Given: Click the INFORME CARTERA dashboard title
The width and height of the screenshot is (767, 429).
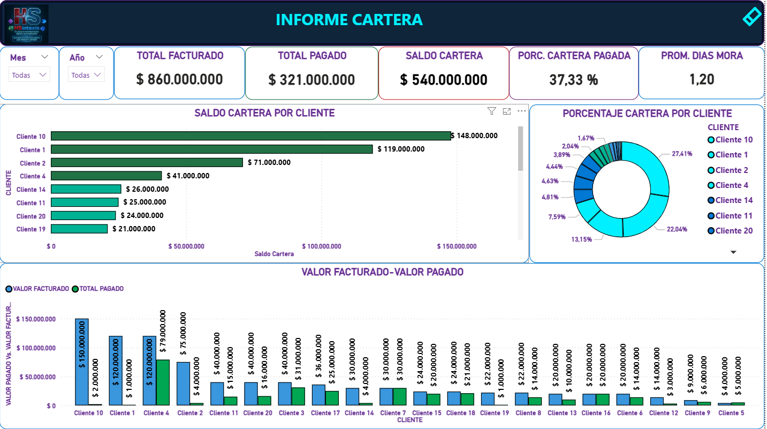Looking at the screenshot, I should pyautogui.click(x=349, y=20).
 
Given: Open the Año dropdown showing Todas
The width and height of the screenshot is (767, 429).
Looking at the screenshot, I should pyautogui.click(x=87, y=76).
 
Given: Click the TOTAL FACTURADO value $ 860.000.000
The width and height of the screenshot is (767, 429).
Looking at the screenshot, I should pyautogui.click(x=179, y=80).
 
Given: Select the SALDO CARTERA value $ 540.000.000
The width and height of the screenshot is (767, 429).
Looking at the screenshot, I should pyautogui.click(x=444, y=80).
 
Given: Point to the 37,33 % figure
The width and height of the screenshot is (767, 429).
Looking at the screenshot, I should pyautogui.click(x=573, y=80).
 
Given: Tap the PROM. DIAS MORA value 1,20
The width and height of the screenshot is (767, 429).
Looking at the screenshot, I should pyautogui.click(x=702, y=80).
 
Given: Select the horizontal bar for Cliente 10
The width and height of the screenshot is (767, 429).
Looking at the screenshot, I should pyautogui.click(x=250, y=136).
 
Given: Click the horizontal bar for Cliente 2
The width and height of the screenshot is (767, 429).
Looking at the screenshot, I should pyautogui.click(x=147, y=162).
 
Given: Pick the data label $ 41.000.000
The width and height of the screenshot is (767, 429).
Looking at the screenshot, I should pyautogui.click(x=188, y=176).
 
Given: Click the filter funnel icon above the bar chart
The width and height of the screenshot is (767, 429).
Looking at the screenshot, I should pyautogui.click(x=491, y=111).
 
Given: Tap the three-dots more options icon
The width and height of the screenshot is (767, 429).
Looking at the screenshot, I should pyautogui.click(x=522, y=111).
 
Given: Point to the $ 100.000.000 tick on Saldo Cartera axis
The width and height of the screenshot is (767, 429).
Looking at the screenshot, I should pyautogui.click(x=322, y=246).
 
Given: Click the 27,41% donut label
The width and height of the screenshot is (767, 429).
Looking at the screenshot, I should pyautogui.click(x=682, y=154).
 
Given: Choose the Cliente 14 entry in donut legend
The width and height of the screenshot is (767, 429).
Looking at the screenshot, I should pyautogui.click(x=733, y=200).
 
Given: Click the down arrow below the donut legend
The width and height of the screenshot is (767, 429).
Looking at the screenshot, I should pyautogui.click(x=733, y=252).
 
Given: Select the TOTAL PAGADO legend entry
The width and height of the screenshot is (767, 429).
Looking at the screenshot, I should pyautogui.click(x=101, y=289).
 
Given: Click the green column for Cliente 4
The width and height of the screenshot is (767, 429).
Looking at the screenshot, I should pyautogui.click(x=163, y=382).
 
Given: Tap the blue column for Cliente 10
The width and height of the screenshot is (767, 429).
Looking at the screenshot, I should pyautogui.click(x=82, y=362).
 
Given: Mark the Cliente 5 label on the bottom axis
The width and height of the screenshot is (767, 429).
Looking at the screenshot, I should pyautogui.click(x=731, y=413).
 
